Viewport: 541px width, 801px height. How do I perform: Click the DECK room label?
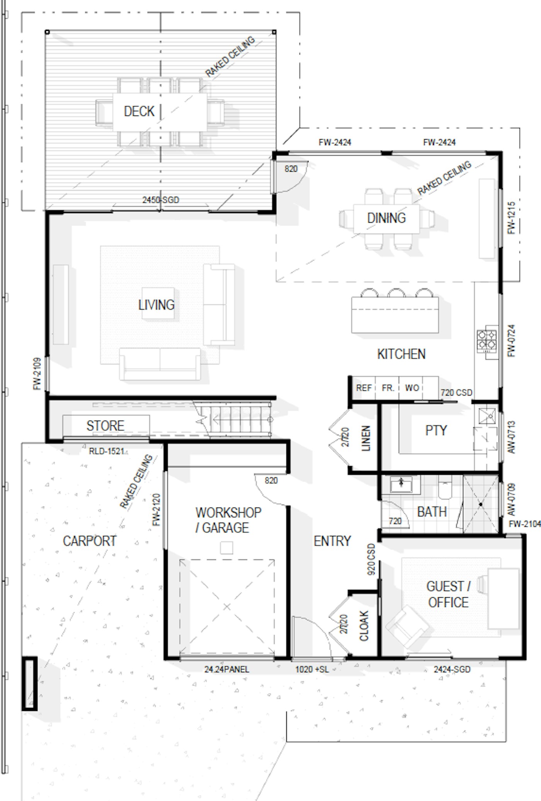click(139, 111)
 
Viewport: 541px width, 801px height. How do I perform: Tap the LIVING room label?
click(157, 305)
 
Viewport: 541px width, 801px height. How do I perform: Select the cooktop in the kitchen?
click(487, 341)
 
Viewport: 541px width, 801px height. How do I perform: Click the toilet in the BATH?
click(445, 487)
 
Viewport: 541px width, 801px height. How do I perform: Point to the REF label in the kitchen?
click(364, 388)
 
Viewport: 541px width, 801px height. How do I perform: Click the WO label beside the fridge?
click(412, 388)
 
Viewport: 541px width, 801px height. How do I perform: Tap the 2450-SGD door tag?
click(161, 200)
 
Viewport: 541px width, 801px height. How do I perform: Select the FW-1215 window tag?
click(511, 218)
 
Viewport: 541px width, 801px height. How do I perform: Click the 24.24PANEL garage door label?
click(226, 669)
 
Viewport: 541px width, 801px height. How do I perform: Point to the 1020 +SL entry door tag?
click(312, 669)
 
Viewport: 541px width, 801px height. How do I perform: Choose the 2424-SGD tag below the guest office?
click(452, 669)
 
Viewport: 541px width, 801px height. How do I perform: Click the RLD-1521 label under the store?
click(106, 451)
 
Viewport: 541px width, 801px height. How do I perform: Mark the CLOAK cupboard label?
click(364, 625)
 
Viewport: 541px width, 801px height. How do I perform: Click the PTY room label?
click(436, 430)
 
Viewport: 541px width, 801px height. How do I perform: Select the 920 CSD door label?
click(371, 559)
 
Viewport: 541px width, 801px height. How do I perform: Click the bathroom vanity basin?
click(401, 484)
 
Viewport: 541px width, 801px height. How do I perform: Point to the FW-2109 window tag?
click(37, 373)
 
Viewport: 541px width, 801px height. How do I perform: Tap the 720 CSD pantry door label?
click(456, 393)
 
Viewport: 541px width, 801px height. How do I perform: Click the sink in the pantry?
click(487, 416)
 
